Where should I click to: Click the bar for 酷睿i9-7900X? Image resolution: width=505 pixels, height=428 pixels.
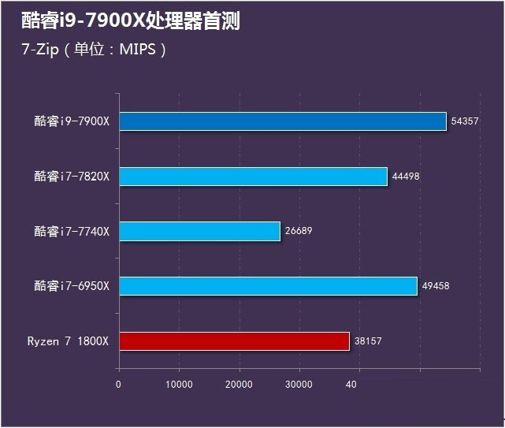pyautogui.click(x=282, y=121)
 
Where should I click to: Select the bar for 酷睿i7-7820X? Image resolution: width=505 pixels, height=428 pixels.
pyautogui.click(x=253, y=177)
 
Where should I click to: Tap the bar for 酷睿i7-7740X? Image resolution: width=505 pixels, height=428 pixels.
pyautogui.click(x=199, y=231)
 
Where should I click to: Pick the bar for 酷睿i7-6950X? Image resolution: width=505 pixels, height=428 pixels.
pyautogui.click(x=268, y=286)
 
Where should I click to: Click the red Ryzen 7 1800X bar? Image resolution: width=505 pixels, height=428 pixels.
pyautogui.click(x=234, y=341)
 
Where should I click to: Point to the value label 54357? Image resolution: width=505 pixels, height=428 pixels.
pyautogui.click(x=465, y=121)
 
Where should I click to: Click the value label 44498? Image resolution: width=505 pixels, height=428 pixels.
pyautogui.click(x=406, y=177)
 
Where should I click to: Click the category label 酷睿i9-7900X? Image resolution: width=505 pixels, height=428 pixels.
pyautogui.click(x=72, y=121)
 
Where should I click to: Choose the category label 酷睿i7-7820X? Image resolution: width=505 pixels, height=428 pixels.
pyautogui.click(x=72, y=177)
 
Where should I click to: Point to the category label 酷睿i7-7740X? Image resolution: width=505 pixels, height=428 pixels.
pyautogui.click(x=72, y=232)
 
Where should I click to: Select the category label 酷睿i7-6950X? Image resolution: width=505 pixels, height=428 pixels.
pyautogui.click(x=72, y=286)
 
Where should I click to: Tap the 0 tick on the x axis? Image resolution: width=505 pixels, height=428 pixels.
pyautogui.click(x=118, y=384)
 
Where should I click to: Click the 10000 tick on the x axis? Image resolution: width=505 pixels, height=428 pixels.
pyautogui.click(x=179, y=384)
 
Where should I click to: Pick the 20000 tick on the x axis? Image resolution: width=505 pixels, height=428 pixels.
pyautogui.click(x=239, y=384)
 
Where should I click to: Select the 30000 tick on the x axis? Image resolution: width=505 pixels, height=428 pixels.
pyautogui.click(x=299, y=384)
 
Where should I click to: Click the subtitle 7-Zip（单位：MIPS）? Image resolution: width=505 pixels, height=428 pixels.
pyautogui.click(x=95, y=50)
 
